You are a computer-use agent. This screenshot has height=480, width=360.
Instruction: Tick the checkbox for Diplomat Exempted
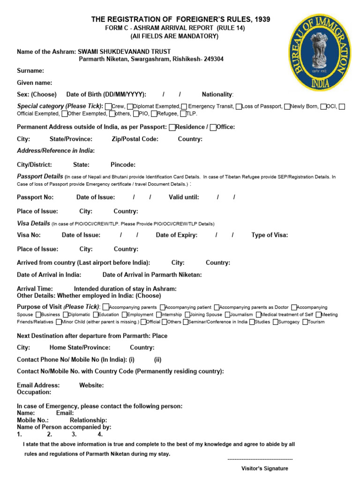pyautogui.click(x=130, y=106)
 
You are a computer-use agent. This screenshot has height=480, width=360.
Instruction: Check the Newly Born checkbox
pyautogui.click(x=287, y=106)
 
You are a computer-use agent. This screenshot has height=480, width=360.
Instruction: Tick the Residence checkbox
pyautogui.click(x=172, y=127)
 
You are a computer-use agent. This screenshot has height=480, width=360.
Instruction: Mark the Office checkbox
pyautogui.click(x=213, y=127)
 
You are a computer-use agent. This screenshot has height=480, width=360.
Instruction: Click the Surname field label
pyautogui.click(x=30, y=71)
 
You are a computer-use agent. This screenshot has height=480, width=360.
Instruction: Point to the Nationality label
pyautogui.click(x=217, y=94)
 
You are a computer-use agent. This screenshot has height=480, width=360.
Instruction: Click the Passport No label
pyautogui.click(x=35, y=197)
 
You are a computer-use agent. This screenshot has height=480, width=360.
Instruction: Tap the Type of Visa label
pyautogui.click(x=270, y=235)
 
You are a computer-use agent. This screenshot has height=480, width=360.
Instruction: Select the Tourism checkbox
pyautogui.click(x=305, y=322)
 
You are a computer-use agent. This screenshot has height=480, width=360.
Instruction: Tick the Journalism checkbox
pyautogui.click(x=228, y=315)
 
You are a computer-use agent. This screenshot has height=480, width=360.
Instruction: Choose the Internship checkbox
pyautogui.click(x=158, y=315)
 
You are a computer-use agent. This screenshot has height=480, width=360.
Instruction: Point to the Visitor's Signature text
pyautogui.click(x=264, y=468)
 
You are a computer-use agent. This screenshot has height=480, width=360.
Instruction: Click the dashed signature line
pyautogui.click(x=260, y=459)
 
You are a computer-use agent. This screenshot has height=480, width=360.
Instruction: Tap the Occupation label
pyautogui.click(x=34, y=392)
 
